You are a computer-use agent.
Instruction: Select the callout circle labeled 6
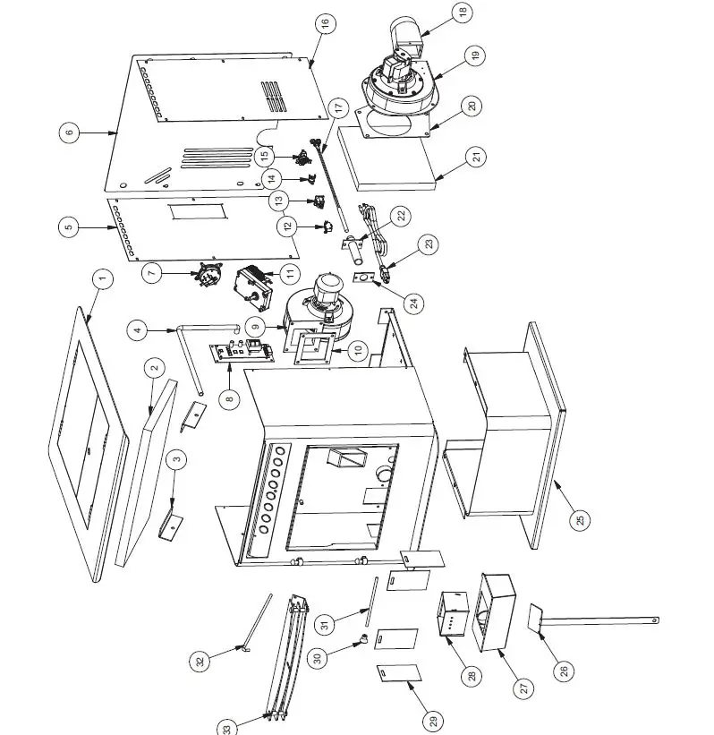tap(69, 132)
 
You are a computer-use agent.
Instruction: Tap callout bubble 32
tap(200, 662)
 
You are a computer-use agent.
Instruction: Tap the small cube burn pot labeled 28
tap(453, 614)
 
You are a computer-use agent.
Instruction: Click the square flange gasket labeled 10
tap(312, 350)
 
